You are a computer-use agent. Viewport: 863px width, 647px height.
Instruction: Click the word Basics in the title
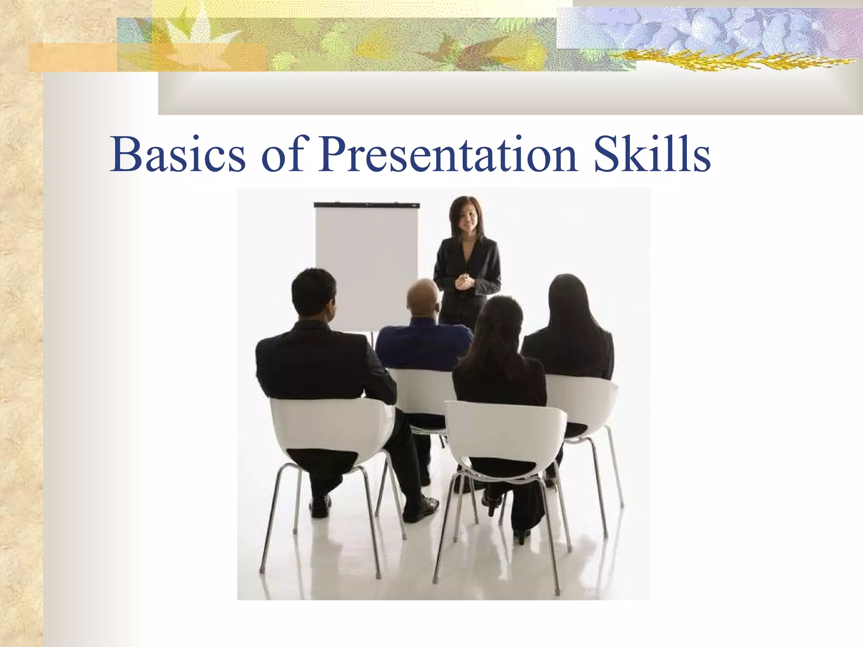[177, 155]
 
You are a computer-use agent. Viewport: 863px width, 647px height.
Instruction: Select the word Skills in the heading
[652, 155]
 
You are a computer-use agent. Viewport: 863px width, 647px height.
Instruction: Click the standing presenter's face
[466, 219]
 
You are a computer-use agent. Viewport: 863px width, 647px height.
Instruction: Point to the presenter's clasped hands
[464, 281]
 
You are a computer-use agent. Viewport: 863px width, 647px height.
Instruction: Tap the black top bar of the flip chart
[366, 205]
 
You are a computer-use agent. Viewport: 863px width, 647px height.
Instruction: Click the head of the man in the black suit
[314, 293]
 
